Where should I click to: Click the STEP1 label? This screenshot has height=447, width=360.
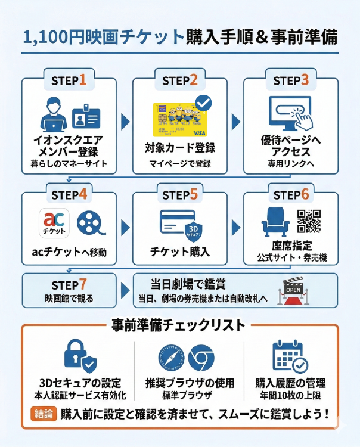[x=69, y=79]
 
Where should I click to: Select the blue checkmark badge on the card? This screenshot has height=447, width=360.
[x=203, y=102]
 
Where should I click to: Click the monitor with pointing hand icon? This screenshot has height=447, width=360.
[x=290, y=113]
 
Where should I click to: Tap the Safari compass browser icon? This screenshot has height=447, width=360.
[x=170, y=358]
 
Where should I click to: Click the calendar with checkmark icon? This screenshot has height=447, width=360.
[x=290, y=356]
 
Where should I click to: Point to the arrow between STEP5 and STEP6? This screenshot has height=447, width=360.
[x=235, y=227]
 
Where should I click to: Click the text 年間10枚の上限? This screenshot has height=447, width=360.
[x=290, y=395]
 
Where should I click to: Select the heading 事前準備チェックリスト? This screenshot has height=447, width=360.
[x=178, y=325]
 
